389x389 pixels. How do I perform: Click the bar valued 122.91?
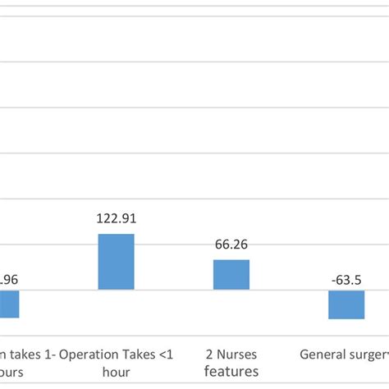click(116, 262)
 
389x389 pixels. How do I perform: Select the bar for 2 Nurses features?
click(231, 275)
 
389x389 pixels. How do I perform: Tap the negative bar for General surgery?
click(346, 304)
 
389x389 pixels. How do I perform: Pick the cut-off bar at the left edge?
click(9, 304)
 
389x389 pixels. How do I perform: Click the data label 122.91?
click(116, 219)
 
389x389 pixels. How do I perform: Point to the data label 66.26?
click(231, 245)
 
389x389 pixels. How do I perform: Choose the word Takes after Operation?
click(138, 355)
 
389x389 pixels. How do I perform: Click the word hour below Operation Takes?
click(116, 371)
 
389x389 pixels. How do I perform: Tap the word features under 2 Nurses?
click(231, 371)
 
